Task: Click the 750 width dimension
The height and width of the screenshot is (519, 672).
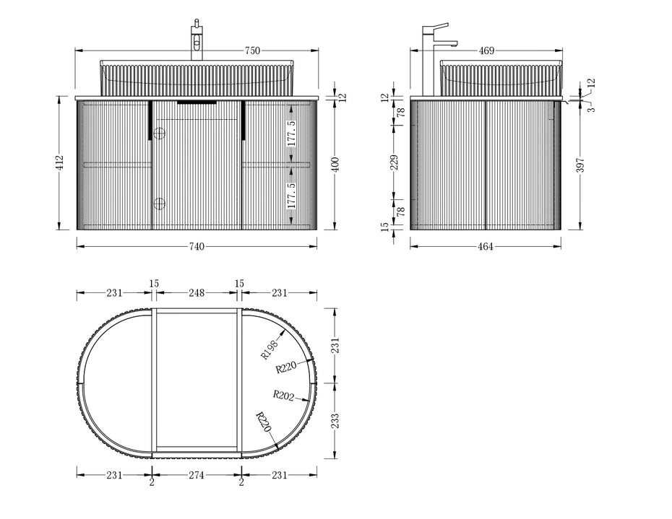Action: click(252, 51)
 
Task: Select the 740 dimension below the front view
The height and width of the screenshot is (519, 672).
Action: click(197, 247)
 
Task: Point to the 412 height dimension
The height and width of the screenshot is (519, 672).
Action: click(59, 162)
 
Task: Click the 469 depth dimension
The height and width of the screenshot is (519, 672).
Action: click(486, 51)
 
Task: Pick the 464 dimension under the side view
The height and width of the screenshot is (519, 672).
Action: click(486, 247)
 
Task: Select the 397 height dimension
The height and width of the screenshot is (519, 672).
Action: click(580, 165)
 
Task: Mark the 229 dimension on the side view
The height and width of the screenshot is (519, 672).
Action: click(395, 162)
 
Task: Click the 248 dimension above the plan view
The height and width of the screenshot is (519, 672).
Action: click(197, 293)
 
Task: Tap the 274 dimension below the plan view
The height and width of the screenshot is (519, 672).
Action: click(197, 475)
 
